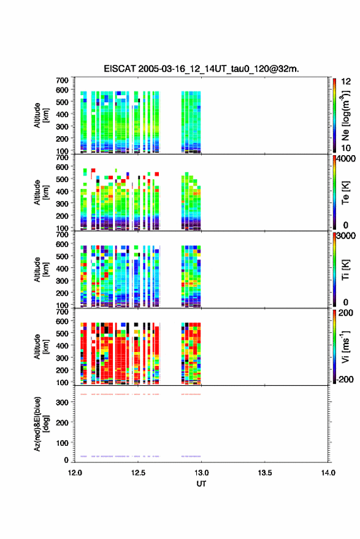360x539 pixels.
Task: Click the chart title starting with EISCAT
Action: tap(201, 69)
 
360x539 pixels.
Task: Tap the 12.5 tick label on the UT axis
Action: tap(138, 473)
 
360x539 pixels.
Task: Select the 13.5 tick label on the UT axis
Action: tap(264, 473)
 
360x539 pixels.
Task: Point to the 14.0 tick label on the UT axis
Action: tap(328, 473)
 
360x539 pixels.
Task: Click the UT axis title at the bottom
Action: tap(201, 484)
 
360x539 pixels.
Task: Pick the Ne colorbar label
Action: tap(345, 115)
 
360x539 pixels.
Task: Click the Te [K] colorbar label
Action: tap(345, 193)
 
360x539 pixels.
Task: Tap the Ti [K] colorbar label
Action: tap(345, 270)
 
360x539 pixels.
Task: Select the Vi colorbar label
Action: tap(345, 346)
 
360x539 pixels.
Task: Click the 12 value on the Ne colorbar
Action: tap(346, 82)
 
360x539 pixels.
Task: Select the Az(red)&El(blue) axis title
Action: tap(41, 424)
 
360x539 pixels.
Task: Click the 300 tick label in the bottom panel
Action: tap(63, 402)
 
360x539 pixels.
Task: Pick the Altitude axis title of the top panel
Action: tap(41, 115)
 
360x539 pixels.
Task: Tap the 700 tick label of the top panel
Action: tap(62, 80)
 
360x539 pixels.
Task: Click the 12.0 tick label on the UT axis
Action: tap(75, 473)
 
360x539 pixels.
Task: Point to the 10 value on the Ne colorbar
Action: tap(346, 148)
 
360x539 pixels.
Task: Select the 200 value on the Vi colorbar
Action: tap(345, 313)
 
